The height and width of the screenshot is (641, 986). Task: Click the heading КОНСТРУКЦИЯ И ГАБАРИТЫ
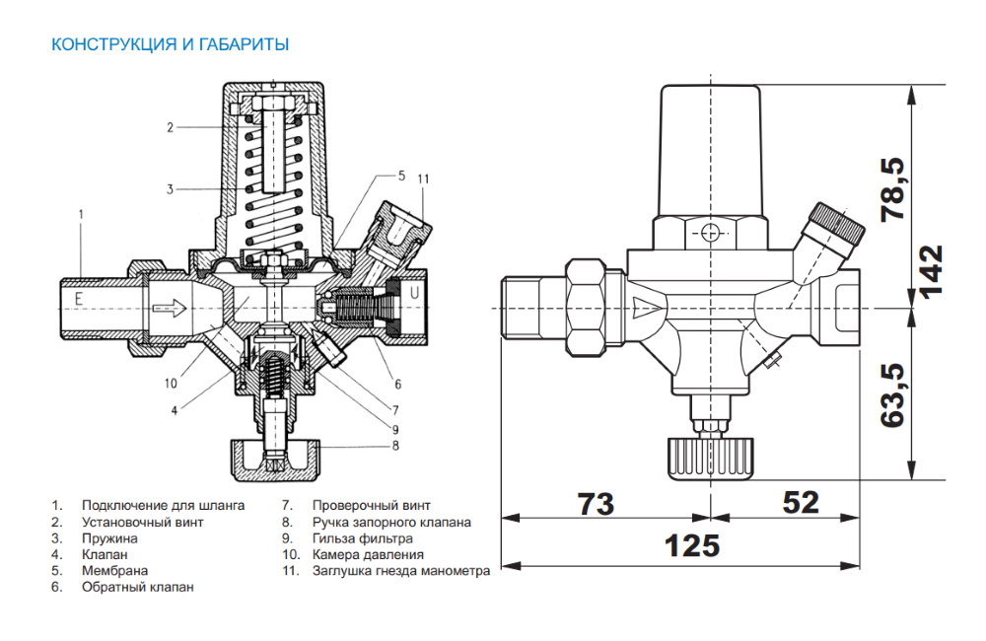170,44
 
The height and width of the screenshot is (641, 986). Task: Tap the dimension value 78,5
893,189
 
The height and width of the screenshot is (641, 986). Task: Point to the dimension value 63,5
893,395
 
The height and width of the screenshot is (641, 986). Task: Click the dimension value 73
596,504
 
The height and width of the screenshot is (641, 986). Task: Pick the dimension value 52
801,503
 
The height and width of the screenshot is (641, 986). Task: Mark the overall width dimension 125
692,546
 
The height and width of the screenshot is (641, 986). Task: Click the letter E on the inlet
79,298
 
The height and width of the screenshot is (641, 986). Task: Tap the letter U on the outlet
414,293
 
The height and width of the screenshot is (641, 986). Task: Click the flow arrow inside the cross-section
170,309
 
